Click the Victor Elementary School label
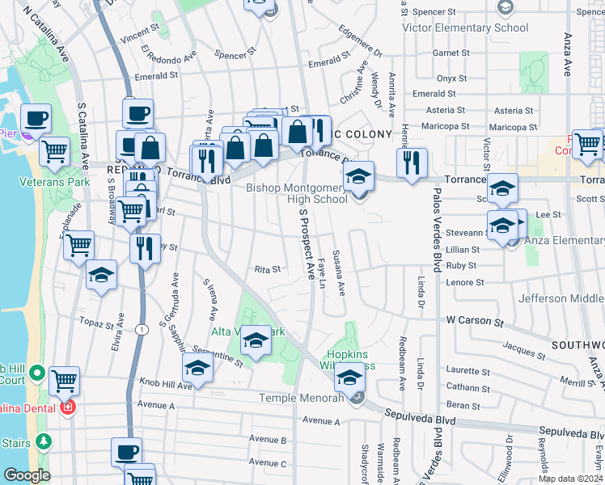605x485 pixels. tap(465, 27)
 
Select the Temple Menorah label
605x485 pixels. tap(302, 398)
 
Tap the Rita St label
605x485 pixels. tap(267, 269)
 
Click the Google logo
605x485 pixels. tap(27, 475)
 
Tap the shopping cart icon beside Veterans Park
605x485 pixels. tap(54, 151)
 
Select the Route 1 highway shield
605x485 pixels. tap(142, 329)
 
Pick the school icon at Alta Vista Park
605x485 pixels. tap(256, 341)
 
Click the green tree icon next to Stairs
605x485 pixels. tap(43, 442)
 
